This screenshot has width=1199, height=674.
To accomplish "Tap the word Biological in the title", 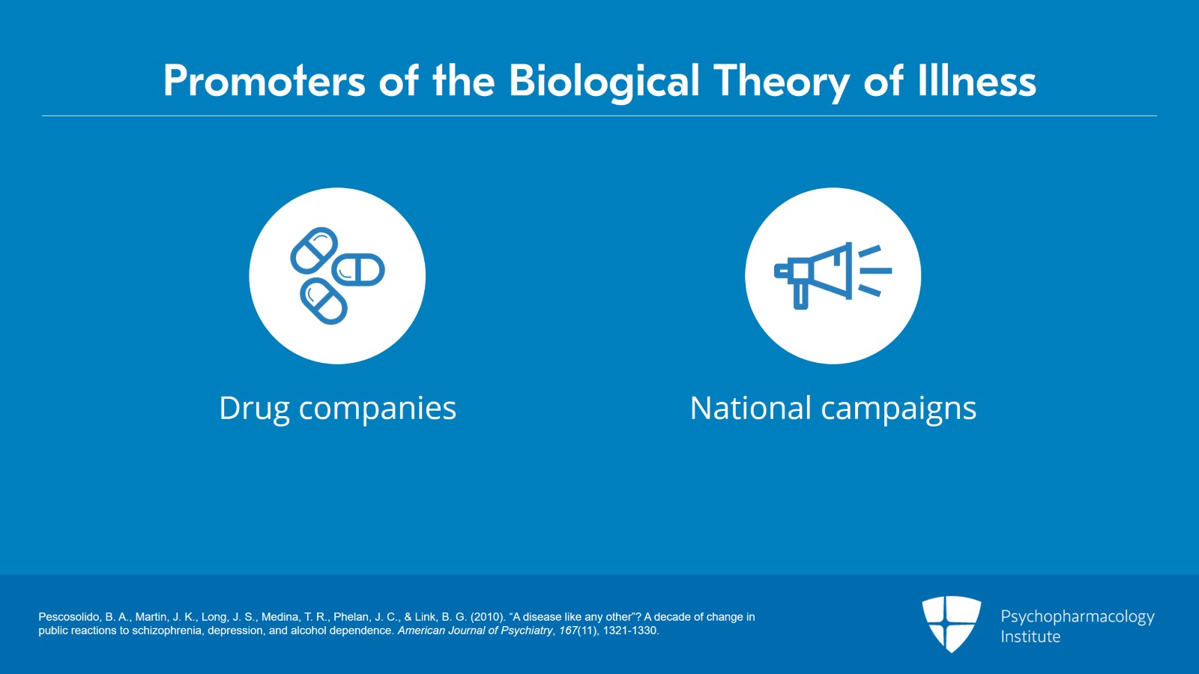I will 604,81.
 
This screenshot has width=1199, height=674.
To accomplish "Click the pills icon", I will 337,276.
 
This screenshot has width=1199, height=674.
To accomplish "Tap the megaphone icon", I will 833,275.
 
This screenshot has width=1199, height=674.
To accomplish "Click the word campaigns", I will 899,409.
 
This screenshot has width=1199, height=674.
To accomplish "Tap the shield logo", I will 951,623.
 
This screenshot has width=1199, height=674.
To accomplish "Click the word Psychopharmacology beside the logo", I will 1077,617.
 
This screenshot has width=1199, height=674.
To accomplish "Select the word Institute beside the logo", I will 1030,637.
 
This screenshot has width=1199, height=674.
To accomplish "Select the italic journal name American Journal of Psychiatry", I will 475,631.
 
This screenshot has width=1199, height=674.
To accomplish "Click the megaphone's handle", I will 800,295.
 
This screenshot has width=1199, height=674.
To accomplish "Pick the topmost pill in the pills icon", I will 314,250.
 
